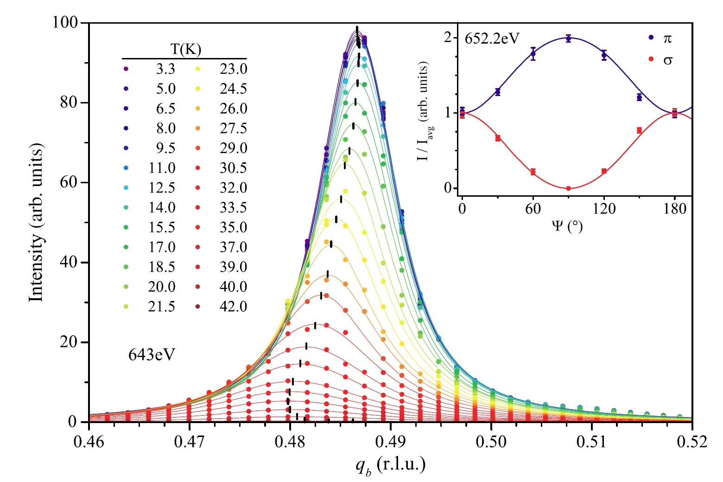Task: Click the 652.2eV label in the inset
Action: tap(492, 38)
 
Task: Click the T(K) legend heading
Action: tap(185, 49)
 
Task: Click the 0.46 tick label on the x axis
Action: tap(89, 442)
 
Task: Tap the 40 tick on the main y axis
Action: tap(69, 262)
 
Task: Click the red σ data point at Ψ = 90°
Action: tap(569, 188)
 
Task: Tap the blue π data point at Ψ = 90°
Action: tap(569, 39)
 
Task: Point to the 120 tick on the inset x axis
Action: tap(604, 209)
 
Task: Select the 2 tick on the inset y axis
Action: tap(448, 37)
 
